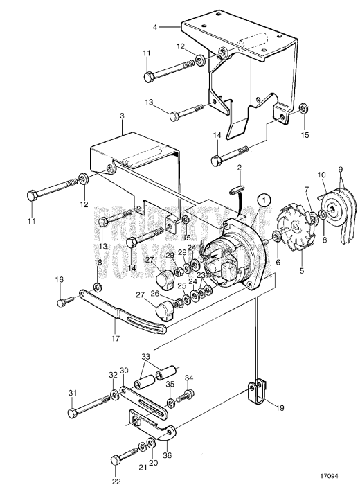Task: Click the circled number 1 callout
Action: [262, 198]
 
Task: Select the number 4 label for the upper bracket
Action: [156, 27]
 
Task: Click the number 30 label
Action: [123, 371]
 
